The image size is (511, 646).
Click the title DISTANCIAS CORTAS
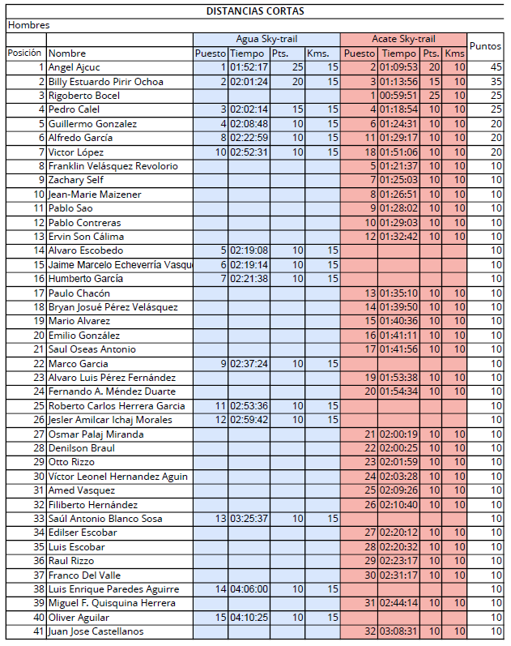tap(255, 11)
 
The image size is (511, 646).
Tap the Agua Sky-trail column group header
tap(266, 39)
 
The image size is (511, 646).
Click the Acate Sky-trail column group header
tap(403, 39)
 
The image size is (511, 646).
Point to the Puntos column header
tap(485, 46)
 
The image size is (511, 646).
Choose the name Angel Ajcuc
tap(74, 67)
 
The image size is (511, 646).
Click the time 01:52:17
tap(249, 67)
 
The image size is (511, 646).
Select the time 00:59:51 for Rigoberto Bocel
tap(398, 96)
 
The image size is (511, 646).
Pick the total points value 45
tap(496, 67)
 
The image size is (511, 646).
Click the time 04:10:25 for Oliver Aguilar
tap(249, 617)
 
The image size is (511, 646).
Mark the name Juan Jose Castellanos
tap(96, 631)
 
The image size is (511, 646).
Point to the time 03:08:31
tap(398, 631)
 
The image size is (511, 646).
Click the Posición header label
tap(24, 53)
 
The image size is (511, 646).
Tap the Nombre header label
tap(66, 53)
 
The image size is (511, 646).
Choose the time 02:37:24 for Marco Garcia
tap(249, 363)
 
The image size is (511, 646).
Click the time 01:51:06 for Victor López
tap(398, 152)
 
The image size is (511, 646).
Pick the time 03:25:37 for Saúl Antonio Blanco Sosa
tap(249, 519)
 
